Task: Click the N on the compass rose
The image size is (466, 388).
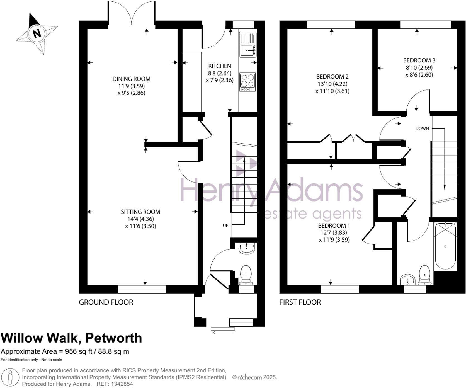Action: (x=37, y=33)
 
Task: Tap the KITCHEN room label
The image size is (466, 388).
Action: (x=220, y=66)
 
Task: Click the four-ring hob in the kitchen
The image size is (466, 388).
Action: (x=247, y=82)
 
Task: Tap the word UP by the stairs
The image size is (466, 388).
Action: (x=225, y=225)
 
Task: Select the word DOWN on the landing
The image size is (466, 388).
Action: (x=422, y=128)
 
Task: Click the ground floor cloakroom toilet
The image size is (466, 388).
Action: (x=246, y=275)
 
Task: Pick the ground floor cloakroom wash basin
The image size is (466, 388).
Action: (x=247, y=248)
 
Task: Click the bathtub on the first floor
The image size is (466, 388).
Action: (x=445, y=246)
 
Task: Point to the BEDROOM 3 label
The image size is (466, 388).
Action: (x=419, y=60)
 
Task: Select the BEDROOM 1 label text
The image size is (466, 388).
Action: (x=334, y=225)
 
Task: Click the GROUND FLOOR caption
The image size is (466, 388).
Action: (x=106, y=302)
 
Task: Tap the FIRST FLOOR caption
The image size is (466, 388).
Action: (x=300, y=302)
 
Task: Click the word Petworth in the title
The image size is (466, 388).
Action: (x=113, y=338)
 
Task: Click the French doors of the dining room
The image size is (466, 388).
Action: (x=131, y=14)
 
